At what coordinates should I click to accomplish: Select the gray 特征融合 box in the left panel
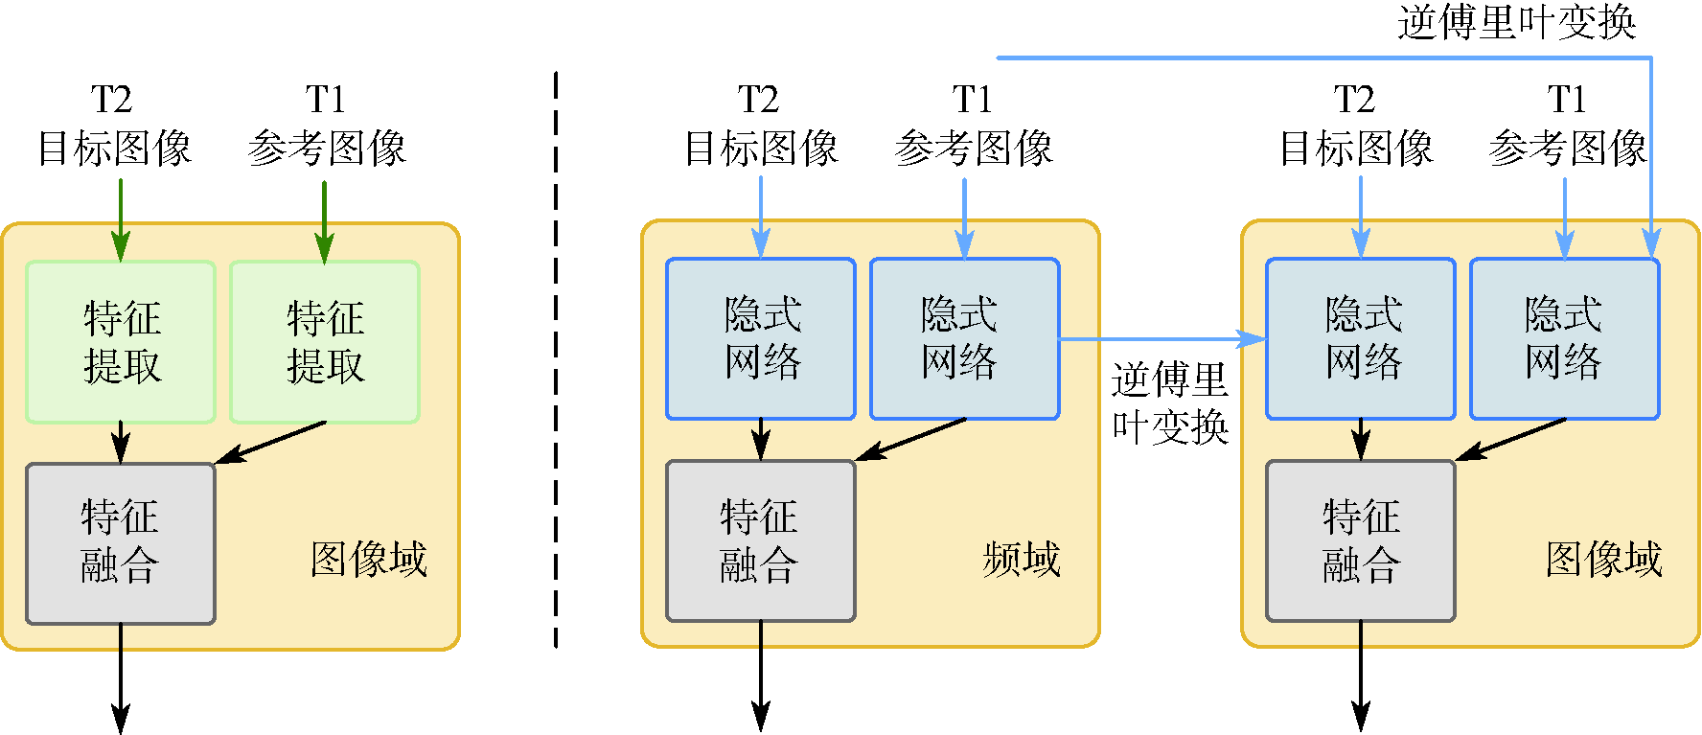121,543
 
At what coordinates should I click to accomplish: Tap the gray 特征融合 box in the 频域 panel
760,541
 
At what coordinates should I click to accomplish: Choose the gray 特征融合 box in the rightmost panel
1360,541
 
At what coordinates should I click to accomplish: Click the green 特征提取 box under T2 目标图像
121,342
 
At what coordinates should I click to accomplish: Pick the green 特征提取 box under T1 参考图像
325,342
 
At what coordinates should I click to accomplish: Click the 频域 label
1022,559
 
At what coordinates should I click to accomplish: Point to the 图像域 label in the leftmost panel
369,559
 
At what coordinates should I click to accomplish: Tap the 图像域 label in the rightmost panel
1603,559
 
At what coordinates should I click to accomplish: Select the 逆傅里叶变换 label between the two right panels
1169,403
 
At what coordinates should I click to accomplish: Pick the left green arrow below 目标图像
121,220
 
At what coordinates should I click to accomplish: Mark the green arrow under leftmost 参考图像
325,220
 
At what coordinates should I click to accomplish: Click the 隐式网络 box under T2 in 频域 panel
760,338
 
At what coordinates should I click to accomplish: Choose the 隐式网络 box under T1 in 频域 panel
964,338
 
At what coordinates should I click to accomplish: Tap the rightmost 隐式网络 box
1564,338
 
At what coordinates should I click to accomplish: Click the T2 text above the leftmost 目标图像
111,100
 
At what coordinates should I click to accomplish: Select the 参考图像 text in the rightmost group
1568,149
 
